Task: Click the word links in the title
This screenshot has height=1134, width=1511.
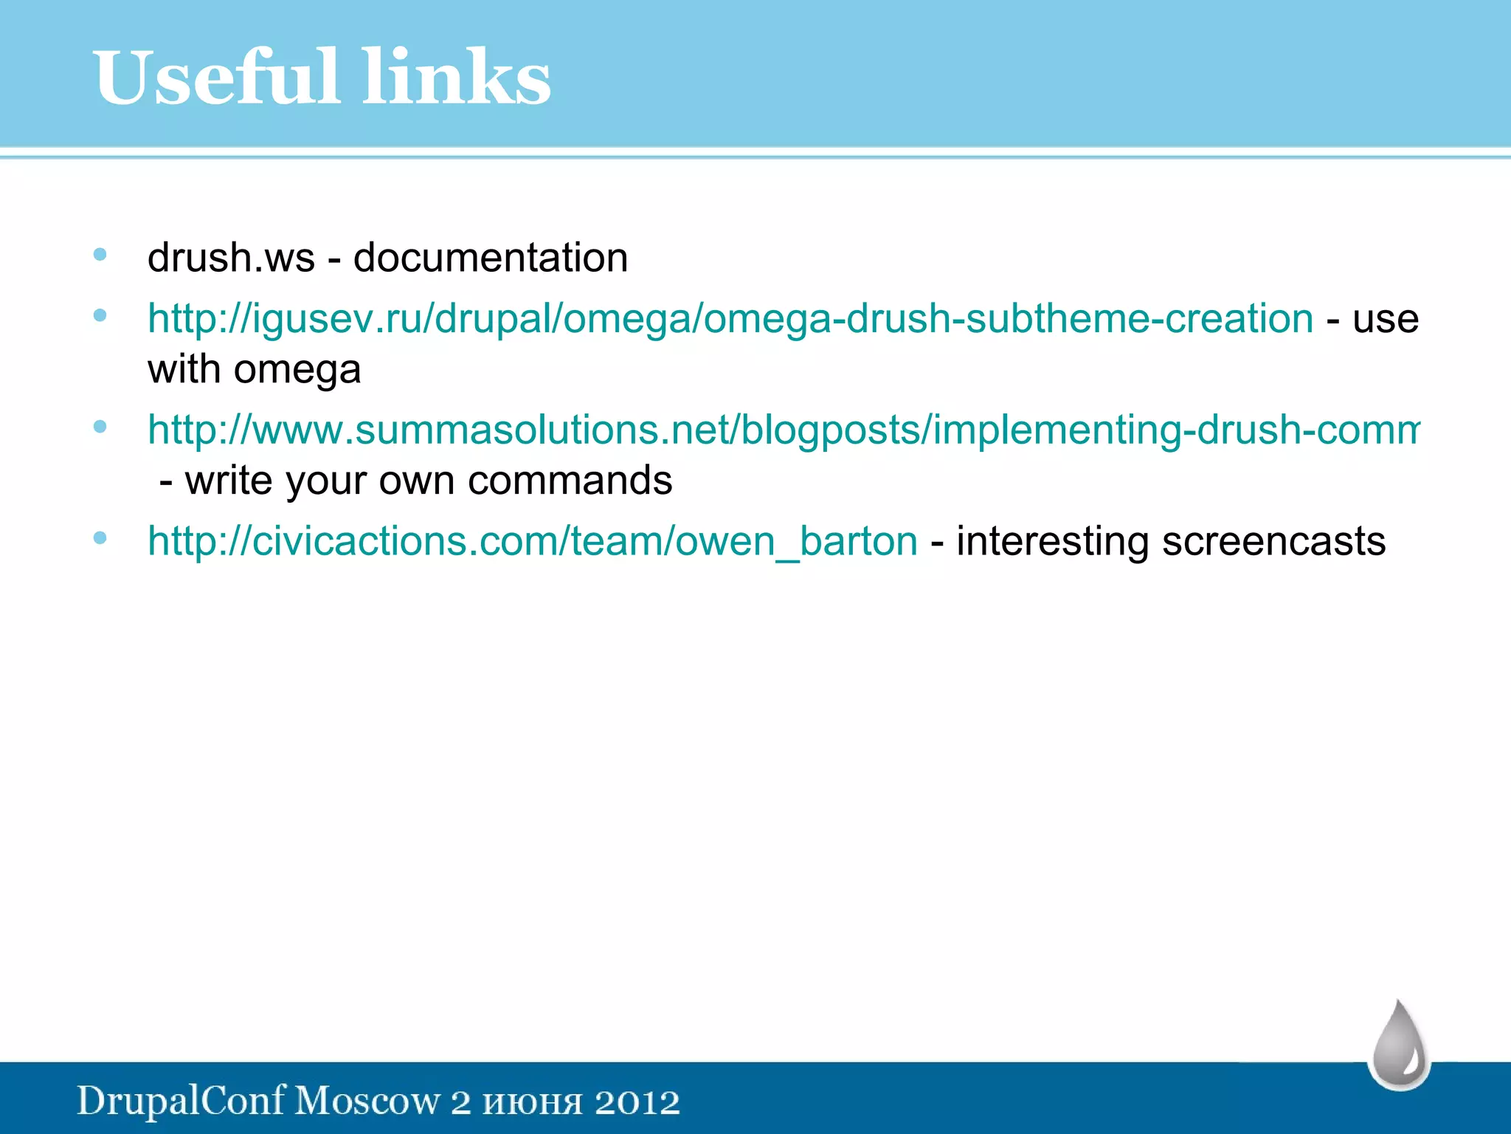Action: click(x=457, y=78)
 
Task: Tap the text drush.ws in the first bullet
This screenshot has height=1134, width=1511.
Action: click(x=231, y=258)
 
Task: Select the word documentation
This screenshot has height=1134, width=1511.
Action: click(x=491, y=258)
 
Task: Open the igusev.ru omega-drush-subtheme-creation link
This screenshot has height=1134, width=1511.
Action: click(x=730, y=319)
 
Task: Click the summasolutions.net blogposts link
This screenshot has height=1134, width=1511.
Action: click(x=782, y=430)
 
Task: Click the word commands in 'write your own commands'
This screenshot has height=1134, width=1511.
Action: click(x=570, y=481)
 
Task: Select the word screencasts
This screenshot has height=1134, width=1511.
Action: click(x=1273, y=541)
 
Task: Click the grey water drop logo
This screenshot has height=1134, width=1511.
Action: click(x=1400, y=1045)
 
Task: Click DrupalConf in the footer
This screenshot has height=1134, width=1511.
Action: click(x=181, y=1101)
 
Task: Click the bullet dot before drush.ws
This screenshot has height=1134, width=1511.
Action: click(x=100, y=255)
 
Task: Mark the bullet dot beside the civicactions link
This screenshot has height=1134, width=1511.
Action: click(x=100, y=538)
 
